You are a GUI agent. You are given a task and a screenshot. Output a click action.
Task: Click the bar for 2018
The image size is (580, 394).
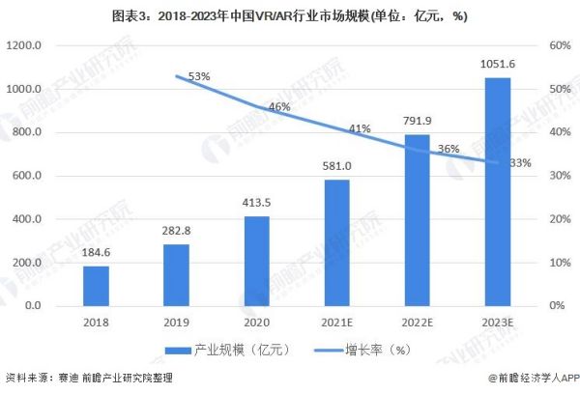click(96, 286)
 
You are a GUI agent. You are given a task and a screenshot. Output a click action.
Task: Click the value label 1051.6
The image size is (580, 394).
click(497, 65)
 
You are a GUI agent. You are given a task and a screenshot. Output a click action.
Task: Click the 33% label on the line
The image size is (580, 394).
click(519, 163)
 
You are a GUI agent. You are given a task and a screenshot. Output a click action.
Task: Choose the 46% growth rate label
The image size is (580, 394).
click(279, 107)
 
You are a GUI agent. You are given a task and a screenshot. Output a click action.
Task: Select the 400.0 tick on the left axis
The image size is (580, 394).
click(26, 219)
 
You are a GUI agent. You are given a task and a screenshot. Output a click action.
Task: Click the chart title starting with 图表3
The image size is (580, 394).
click(290, 16)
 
